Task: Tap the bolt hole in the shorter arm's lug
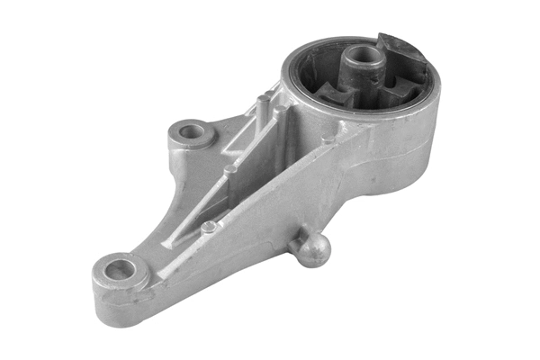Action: (191, 133)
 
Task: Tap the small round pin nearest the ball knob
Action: (209, 228)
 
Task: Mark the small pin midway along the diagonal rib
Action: (231, 168)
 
